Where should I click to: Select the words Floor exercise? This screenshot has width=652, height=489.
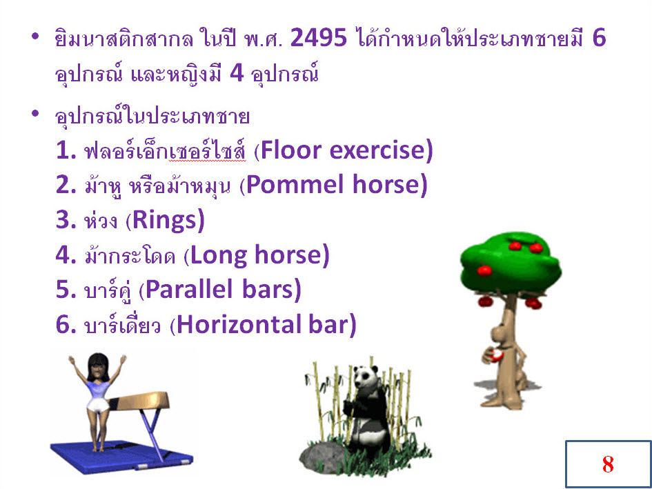pyautogui.click(x=344, y=150)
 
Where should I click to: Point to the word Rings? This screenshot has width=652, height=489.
pyautogui.click(x=164, y=221)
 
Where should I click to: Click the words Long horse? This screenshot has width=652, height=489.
pyautogui.click(x=256, y=255)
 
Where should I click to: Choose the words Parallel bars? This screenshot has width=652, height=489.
pyautogui.click(x=220, y=290)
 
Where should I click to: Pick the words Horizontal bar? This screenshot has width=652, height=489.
pyautogui.click(x=263, y=325)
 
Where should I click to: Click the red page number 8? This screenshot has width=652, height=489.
pyautogui.click(x=608, y=464)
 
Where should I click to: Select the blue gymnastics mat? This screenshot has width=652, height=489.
pyautogui.click(x=121, y=456)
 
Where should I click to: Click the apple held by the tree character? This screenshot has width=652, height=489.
pyautogui.click(x=497, y=355)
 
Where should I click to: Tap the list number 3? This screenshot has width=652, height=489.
pyautogui.click(x=64, y=221)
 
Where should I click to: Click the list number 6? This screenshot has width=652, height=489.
pyautogui.click(x=64, y=326)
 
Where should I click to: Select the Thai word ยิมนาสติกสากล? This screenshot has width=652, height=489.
pyautogui.click(x=123, y=39)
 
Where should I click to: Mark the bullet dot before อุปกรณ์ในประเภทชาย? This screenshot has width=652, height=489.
pyautogui.click(x=35, y=112)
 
